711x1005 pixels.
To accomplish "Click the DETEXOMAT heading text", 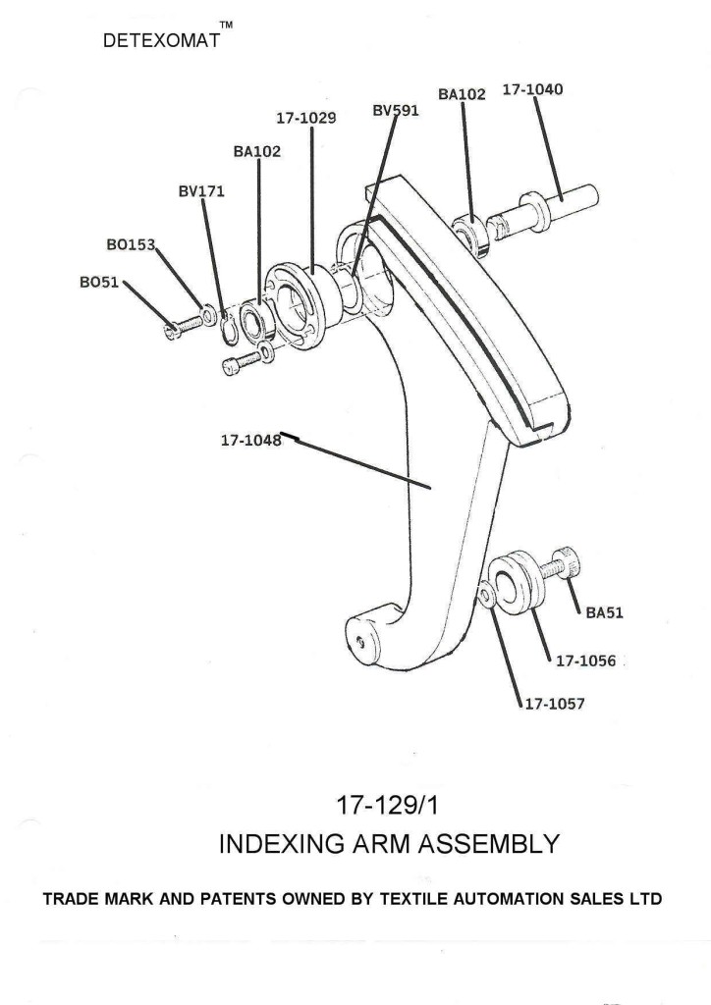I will [x=162, y=44].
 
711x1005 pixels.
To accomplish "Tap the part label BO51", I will [x=98, y=283].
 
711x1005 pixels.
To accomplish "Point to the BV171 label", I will [x=201, y=191].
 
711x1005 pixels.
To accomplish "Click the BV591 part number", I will [x=396, y=111].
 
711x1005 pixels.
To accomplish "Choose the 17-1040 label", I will [x=532, y=89].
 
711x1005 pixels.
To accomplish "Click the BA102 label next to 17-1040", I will [x=462, y=95].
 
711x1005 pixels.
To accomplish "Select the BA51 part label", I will [x=605, y=613].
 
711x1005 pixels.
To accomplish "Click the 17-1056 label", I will [x=585, y=661].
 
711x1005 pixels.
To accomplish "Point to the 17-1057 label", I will [x=555, y=704].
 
